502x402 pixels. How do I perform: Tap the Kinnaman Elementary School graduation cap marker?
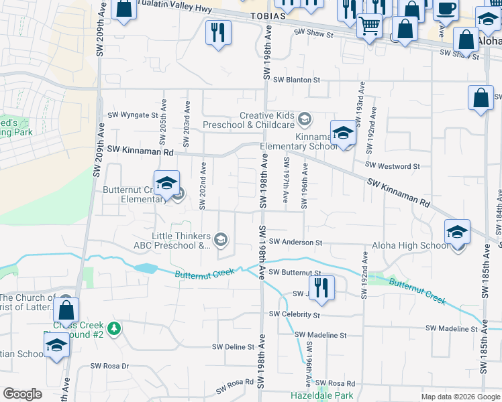(342, 131)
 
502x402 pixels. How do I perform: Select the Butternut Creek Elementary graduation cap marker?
(166, 182)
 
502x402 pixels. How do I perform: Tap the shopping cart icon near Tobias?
(368, 26)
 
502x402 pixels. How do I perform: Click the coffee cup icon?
(446, 9)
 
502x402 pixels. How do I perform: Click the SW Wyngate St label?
(132, 115)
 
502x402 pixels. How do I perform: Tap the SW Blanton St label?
(297, 80)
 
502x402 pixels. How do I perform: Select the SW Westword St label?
(393, 165)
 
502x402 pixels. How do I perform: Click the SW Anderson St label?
(295, 243)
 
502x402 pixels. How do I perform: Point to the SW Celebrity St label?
(295, 314)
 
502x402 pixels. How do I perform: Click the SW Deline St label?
(233, 347)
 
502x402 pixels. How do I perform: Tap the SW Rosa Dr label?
(109, 366)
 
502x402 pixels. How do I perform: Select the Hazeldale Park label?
(322, 395)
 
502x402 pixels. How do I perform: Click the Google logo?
(23, 394)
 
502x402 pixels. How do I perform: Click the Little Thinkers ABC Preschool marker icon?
(221, 239)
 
